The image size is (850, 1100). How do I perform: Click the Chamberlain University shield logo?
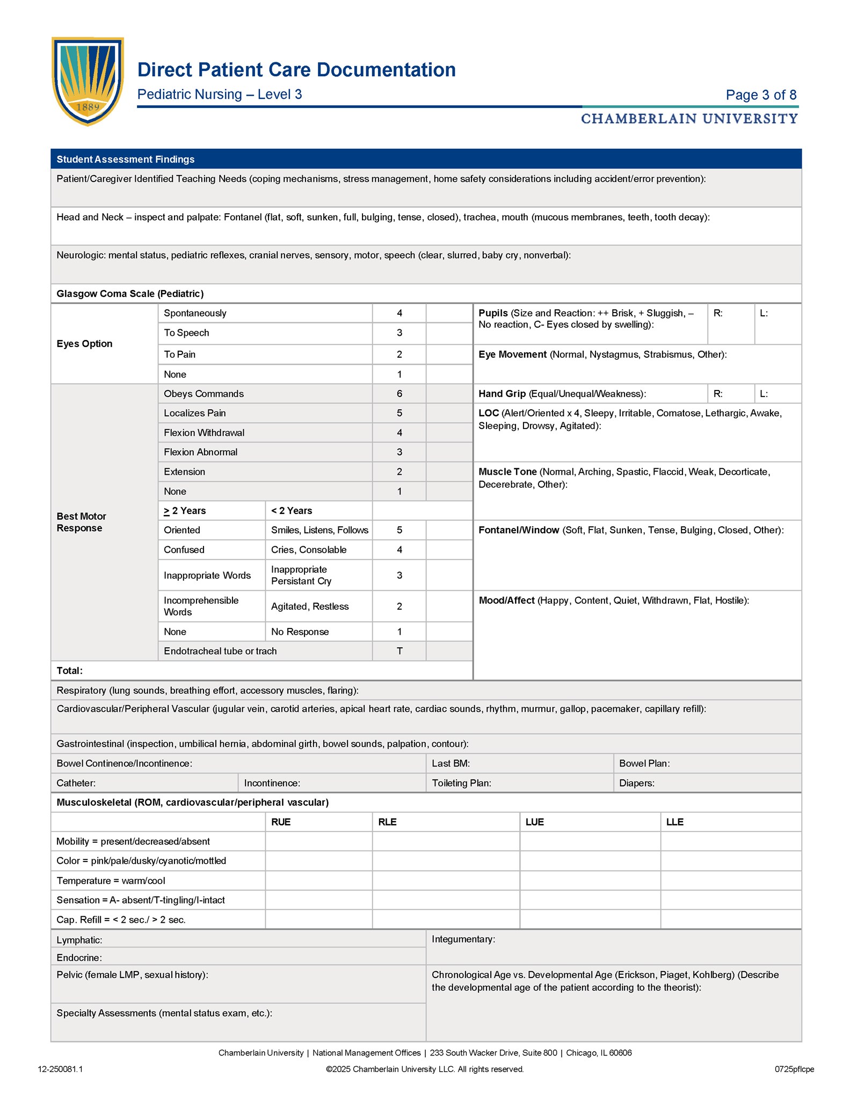tap(88, 81)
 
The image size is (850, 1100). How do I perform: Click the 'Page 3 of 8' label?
tap(760, 95)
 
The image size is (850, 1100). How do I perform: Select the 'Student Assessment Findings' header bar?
tap(426, 159)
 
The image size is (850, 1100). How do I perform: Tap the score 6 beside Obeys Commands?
tap(399, 394)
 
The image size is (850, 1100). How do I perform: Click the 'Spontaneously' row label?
tap(195, 313)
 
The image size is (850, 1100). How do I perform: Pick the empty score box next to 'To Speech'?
tap(449, 333)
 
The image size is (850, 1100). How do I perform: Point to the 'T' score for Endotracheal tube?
tap(399, 651)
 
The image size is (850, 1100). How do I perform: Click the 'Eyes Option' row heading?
tap(84, 344)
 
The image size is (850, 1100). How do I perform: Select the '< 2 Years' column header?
tap(292, 511)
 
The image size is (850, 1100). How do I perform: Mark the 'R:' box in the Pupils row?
tap(730, 324)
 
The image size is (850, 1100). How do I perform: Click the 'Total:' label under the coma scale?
tap(69, 671)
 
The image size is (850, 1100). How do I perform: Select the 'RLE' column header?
tap(387, 822)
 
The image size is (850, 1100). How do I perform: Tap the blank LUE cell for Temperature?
tap(590, 881)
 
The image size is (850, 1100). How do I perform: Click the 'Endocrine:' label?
tap(79, 958)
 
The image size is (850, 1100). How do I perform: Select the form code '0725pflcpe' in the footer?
tap(794, 1069)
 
